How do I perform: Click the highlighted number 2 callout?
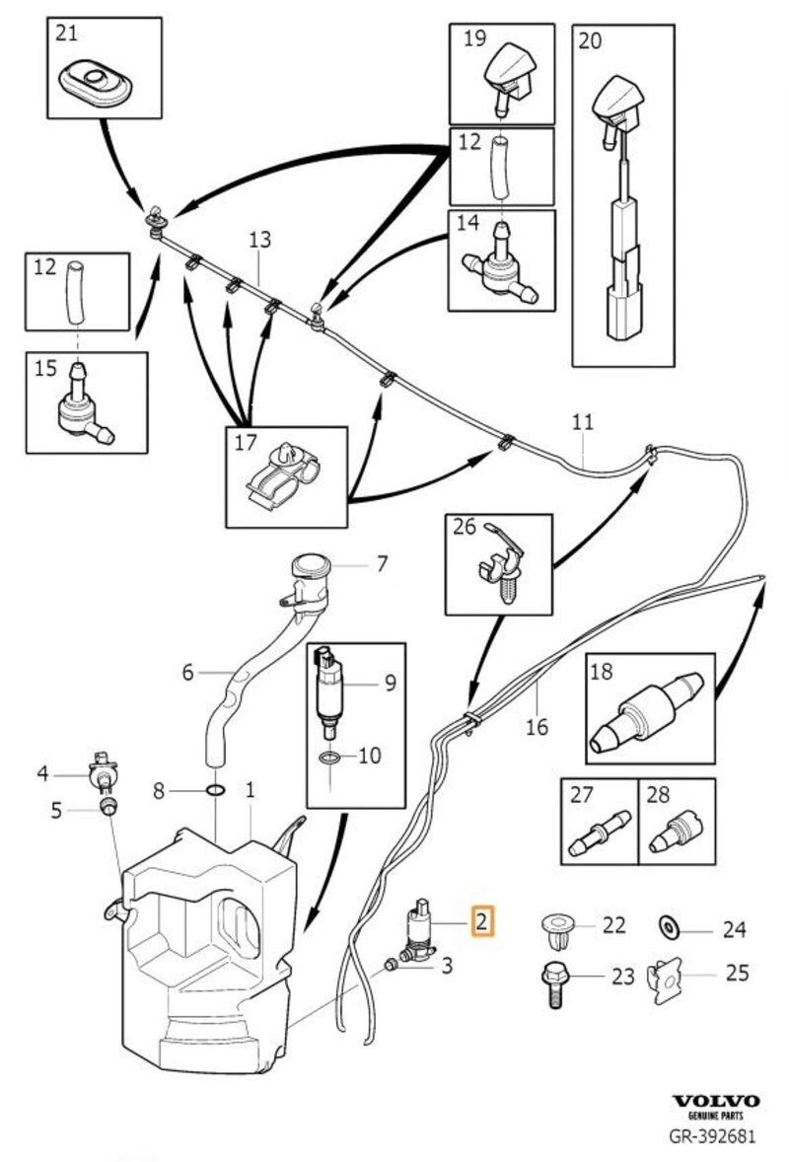pyautogui.click(x=481, y=922)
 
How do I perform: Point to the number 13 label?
pyautogui.click(x=258, y=240)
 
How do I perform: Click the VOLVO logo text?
pyautogui.click(x=716, y=1101)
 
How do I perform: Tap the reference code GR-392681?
pyautogui.click(x=715, y=1134)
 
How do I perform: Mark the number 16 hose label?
pyautogui.click(x=537, y=728)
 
